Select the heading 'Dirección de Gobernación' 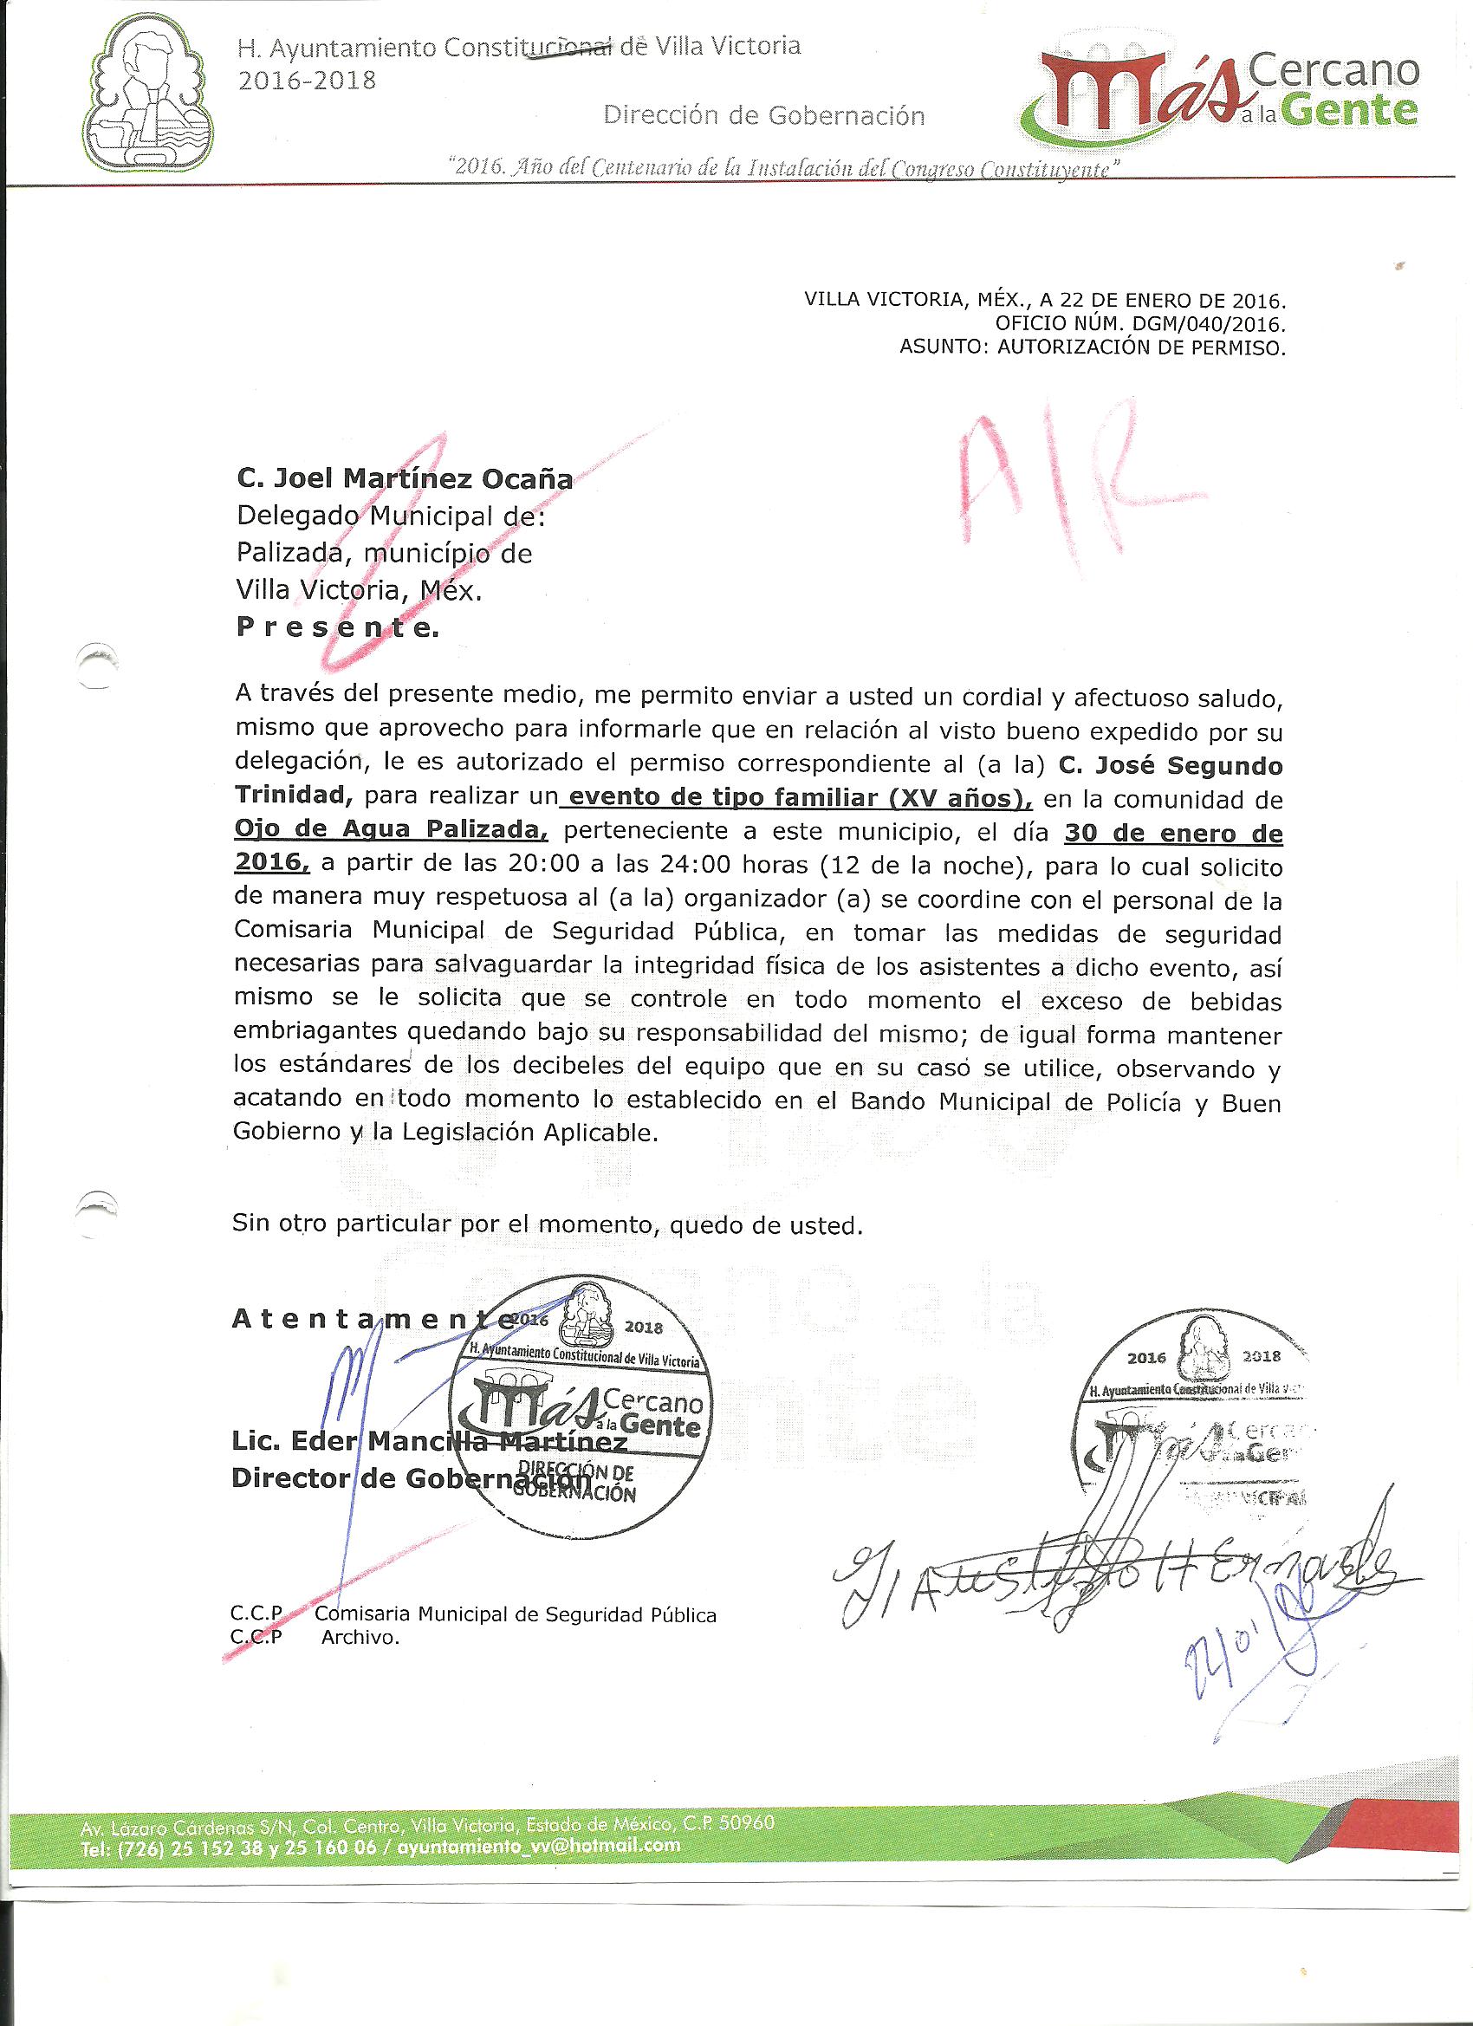763,115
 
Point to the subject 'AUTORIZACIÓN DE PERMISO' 1142,347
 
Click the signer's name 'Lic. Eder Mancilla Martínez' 429,1442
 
